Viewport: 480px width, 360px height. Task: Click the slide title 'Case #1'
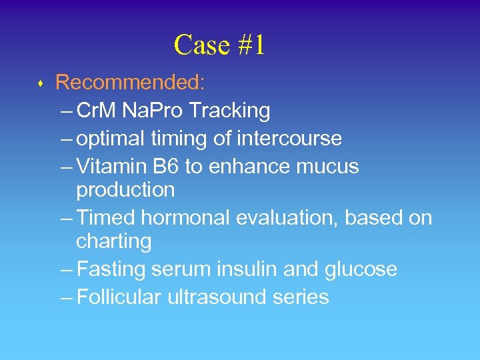[219, 45]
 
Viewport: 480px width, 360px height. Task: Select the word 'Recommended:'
[131, 83]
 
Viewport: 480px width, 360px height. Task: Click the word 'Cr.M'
[97, 111]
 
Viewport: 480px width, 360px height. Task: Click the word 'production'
[125, 190]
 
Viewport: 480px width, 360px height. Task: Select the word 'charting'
[114, 241]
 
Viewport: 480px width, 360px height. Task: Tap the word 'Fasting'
[111, 269]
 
